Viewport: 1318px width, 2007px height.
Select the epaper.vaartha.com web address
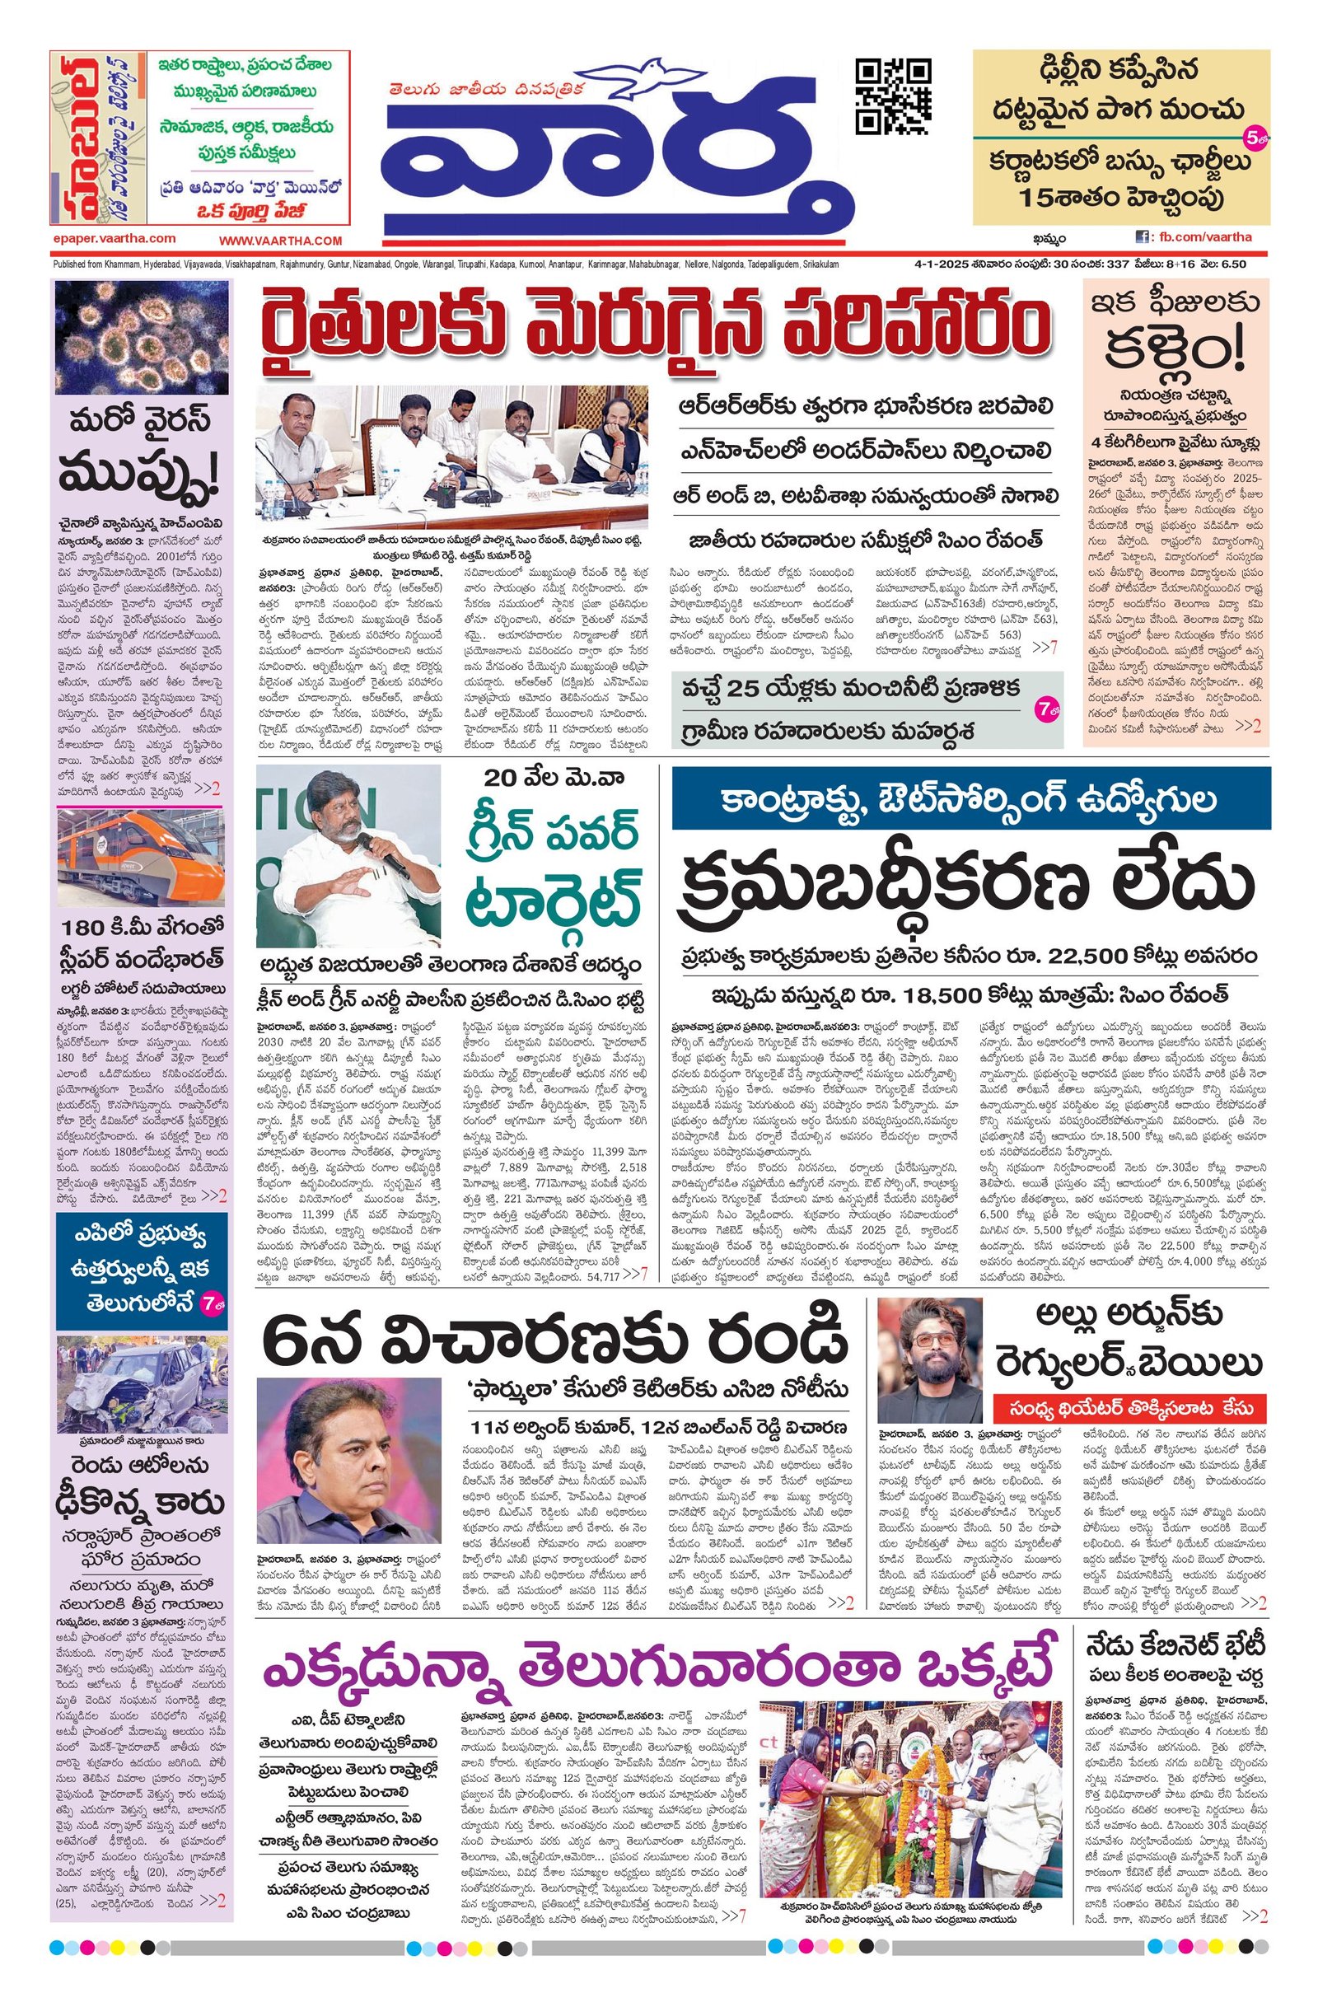coord(113,239)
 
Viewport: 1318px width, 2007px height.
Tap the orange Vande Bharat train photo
coord(141,858)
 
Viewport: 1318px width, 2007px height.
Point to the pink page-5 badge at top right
coord(1254,134)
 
